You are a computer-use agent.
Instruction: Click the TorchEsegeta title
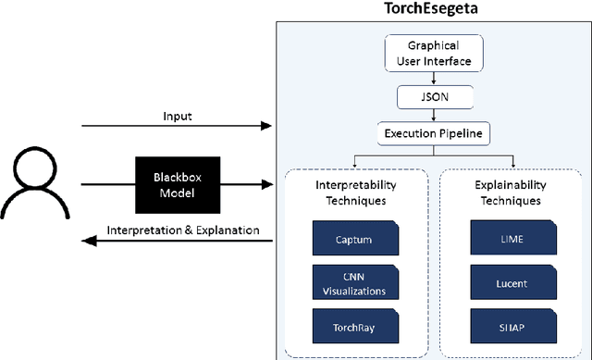429,10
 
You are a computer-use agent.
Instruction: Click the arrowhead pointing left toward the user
85,241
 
